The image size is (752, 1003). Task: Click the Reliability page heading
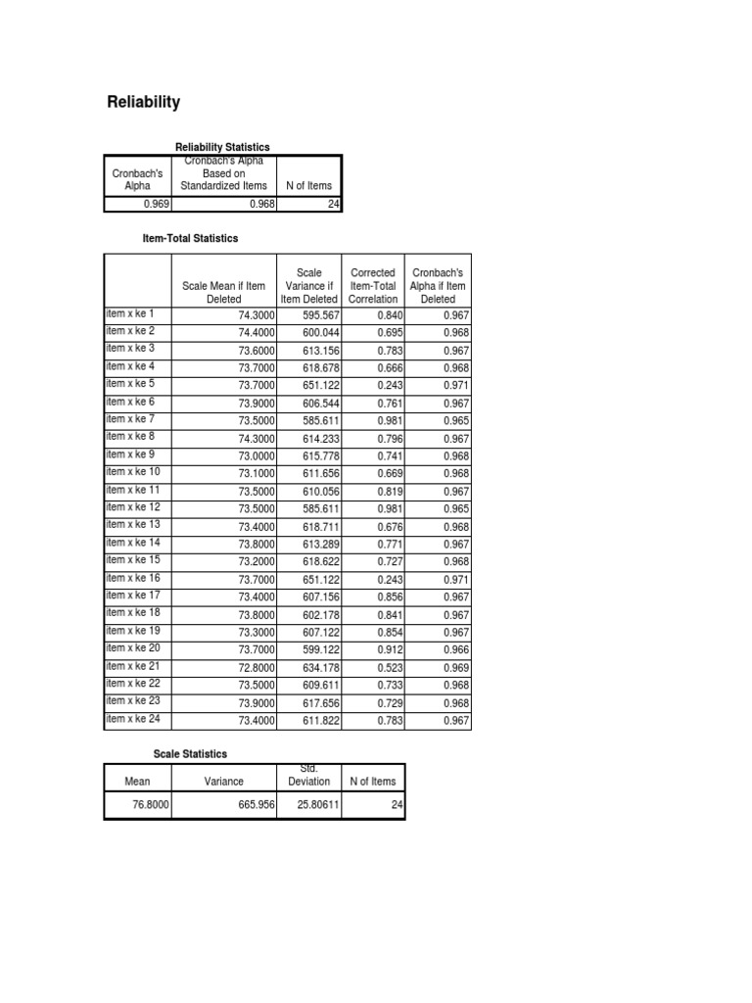pyautogui.click(x=143, y=103)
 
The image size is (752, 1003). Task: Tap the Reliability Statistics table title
pyautogui.click(x=222, y=147)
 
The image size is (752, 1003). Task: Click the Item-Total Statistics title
pyautogui.click(x=191, y=238)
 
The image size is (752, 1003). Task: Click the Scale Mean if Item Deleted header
pyautogui.click(x=223, y=292)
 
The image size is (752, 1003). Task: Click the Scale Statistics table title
pyautogui.click(x=190, y=754)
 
